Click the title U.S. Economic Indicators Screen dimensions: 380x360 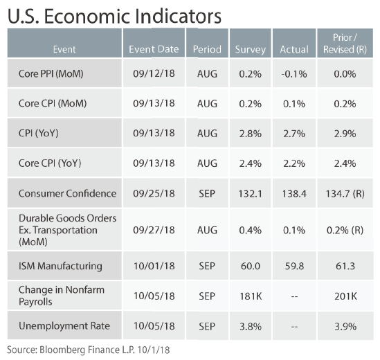coord(114,16)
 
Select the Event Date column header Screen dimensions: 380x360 coord(154,49)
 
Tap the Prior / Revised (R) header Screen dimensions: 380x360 coord(345,44)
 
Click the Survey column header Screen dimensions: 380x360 coord(251,49)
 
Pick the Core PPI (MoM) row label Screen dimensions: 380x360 coord(51,73)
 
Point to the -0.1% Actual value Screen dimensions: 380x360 coord(294,74)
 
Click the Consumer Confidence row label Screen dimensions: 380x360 coord(67,193)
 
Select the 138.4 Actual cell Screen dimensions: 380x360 coord(294,194)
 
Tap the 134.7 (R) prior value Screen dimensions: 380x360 coord(345,194)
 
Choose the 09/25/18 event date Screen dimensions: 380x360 coord(154,193)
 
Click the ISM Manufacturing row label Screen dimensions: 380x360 coord(60,266)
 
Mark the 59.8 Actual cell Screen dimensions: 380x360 coord(294,266)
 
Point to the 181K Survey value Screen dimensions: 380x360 coord(251,296)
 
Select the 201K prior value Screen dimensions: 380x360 coord(345,296)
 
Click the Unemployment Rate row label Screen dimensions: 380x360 coord(64,326)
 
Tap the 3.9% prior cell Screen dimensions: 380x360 coord(345,326)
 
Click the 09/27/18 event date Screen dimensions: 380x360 coord(154,230)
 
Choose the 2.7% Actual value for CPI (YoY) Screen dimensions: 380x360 coord(294,134)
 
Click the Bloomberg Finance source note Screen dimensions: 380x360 coord(88,350)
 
